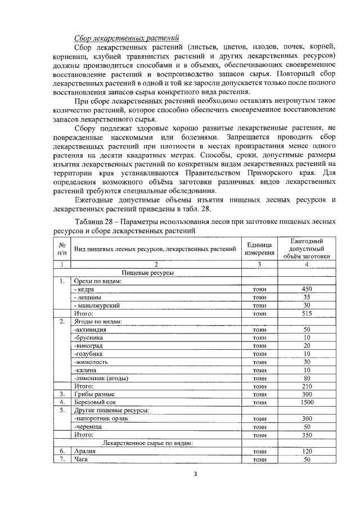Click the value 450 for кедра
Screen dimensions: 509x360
click(307, 289)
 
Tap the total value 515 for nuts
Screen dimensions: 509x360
click(307, 313)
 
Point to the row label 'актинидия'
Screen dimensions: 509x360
click(91, 330)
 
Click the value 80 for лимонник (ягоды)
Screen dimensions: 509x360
click(307, 379)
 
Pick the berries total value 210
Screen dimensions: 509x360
click(307, 387)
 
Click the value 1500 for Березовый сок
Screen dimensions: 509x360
click(307, 403)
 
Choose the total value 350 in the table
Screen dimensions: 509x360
click(307, 435)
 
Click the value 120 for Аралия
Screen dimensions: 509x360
click(307, 451)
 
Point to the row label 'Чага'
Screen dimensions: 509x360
click(82, 460)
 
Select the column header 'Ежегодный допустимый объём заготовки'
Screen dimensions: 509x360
click(307, 248)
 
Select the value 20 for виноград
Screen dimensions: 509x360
click(307, 346)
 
